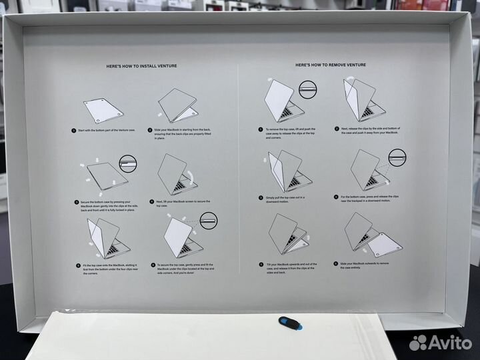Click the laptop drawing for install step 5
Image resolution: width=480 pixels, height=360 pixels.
click(105, 239)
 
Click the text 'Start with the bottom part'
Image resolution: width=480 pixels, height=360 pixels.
click(107, 131)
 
